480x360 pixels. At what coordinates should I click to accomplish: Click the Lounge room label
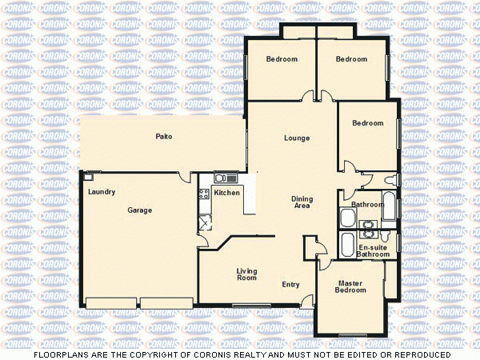[x=297, y=138]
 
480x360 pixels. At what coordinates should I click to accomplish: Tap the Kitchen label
[x=226, y=193]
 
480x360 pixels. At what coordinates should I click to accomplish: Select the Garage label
[x=139, y=210]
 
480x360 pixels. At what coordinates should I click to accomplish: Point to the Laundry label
[x=102, y=192]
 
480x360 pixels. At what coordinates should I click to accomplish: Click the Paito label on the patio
[x=164, y=137]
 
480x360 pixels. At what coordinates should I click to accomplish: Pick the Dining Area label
[x=301, y=202]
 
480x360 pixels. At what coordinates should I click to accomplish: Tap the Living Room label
[x=246, y=274]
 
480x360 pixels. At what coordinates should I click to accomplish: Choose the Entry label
[x=290, y=285]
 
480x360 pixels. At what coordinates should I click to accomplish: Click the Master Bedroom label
[x=350, y=286]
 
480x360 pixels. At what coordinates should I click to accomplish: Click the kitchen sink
[x=222, y=178]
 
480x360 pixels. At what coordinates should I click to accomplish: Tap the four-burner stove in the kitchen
[x=203, y=192]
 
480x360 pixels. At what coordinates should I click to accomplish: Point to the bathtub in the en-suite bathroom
[x=347, y=244]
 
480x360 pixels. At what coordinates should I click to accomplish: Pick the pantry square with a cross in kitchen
[x=204, y=222]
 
